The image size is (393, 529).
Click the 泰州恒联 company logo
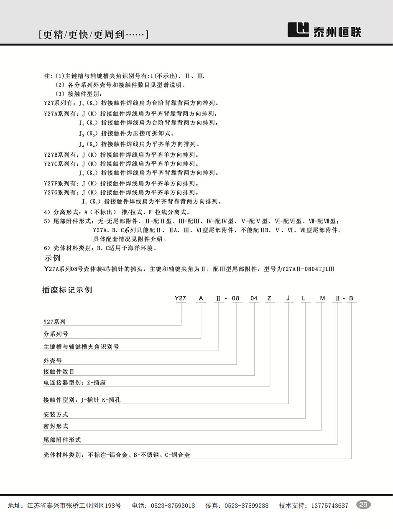pos(324,31)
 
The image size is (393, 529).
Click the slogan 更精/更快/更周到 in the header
pos(93,35)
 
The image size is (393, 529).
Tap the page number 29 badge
pos(363,505)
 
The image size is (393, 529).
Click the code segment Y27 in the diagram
pos(180,298)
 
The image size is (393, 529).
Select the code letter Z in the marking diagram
pos(270,298)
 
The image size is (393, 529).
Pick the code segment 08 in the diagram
pos(236,298)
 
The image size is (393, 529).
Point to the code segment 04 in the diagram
pos(254,298)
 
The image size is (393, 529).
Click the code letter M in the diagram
pos(322,298)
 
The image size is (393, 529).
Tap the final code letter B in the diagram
pos(352,298)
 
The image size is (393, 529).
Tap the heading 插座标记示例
pos(67,290)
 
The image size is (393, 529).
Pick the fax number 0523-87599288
pos(247,506)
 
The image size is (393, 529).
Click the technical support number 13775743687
pos(329,506)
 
